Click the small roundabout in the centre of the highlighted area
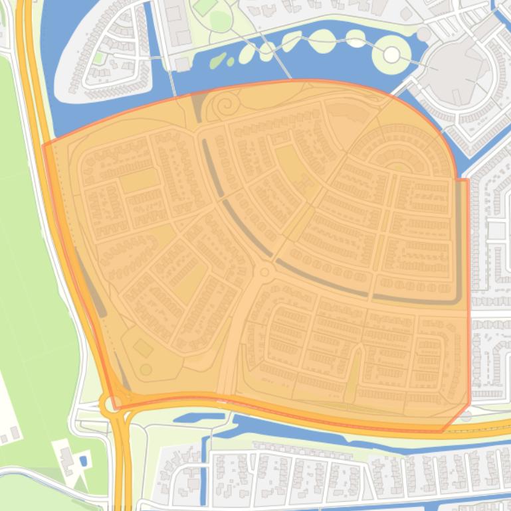264,271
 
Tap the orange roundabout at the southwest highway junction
110,402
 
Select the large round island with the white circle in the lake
391,54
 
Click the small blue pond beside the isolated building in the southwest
82,460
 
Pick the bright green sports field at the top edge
205,7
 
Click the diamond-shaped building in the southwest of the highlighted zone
143,347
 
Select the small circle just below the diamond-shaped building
146,369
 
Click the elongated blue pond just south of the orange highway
199,417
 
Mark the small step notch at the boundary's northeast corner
462,178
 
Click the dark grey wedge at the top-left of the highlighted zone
197,106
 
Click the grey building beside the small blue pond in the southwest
67,457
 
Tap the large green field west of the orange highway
33,265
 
